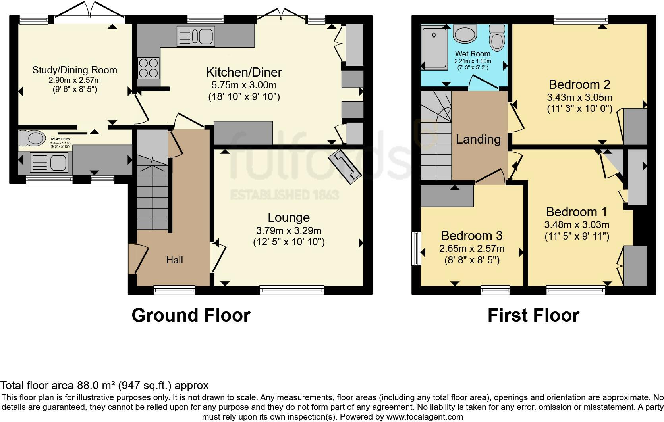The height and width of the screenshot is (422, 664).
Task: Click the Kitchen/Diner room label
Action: (244, 72)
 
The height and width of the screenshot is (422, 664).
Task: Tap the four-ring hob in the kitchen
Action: (149, 67)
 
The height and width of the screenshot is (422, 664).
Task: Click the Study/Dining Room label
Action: (75, 70)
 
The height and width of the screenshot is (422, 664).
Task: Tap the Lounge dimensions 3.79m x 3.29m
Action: (289, 231)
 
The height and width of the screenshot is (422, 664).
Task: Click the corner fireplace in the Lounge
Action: (345, 167)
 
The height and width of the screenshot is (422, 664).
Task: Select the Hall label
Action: (174, 260)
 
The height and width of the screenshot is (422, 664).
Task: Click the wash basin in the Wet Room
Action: (465, 35)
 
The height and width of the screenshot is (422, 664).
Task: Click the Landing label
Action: (478, 139)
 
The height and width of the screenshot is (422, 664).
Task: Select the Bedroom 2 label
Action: (579, 84)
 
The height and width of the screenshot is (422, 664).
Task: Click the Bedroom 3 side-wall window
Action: (416, 248)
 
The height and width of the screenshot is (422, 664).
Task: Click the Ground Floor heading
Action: (191, 315)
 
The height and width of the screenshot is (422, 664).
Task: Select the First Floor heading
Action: (533, 315)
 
